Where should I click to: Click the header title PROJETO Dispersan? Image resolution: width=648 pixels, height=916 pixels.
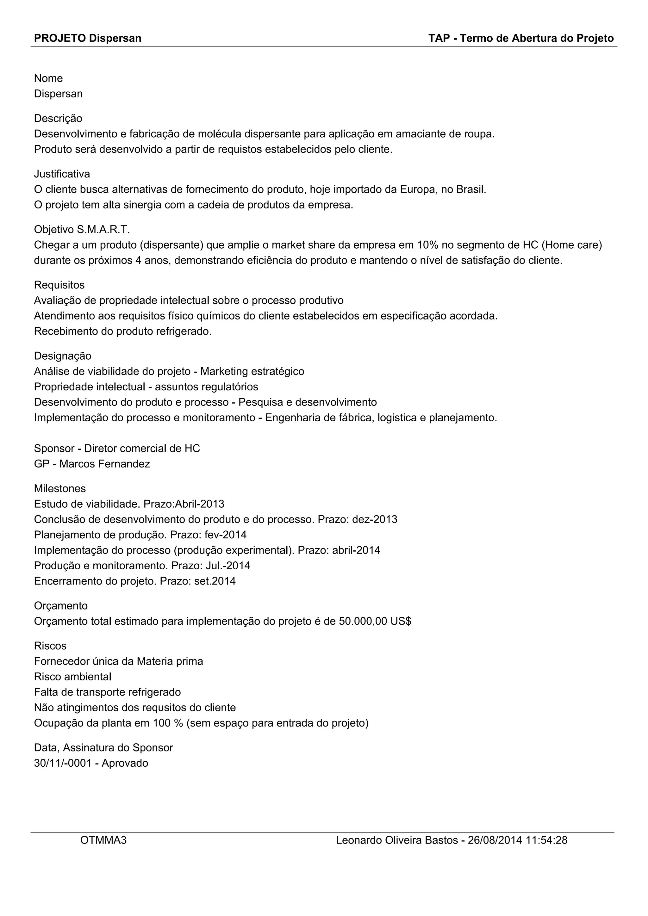[87, 38]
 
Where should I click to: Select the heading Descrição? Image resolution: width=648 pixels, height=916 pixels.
[58, 119]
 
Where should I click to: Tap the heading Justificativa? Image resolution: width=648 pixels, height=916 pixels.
[62, 174]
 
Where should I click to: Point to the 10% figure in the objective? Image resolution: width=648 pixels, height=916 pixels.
[428, 245]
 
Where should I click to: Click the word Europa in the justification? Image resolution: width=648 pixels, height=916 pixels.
[417, 189]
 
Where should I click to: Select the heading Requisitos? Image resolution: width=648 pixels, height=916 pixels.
[59, 285]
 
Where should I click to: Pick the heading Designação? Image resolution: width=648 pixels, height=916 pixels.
[62, 356]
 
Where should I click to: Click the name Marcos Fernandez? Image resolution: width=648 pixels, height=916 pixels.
[104, 464]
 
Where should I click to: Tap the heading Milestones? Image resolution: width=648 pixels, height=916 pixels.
[60, 489]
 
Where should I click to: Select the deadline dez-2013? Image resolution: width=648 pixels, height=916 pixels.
[375, 519]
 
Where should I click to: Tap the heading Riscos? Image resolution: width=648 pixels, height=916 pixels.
[50, 646]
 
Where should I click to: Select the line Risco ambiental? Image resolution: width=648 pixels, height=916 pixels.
[73, 677]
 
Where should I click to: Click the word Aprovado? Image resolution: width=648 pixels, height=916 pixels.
[125, 763]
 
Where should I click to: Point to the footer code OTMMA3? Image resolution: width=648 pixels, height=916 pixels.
[103, 840]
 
